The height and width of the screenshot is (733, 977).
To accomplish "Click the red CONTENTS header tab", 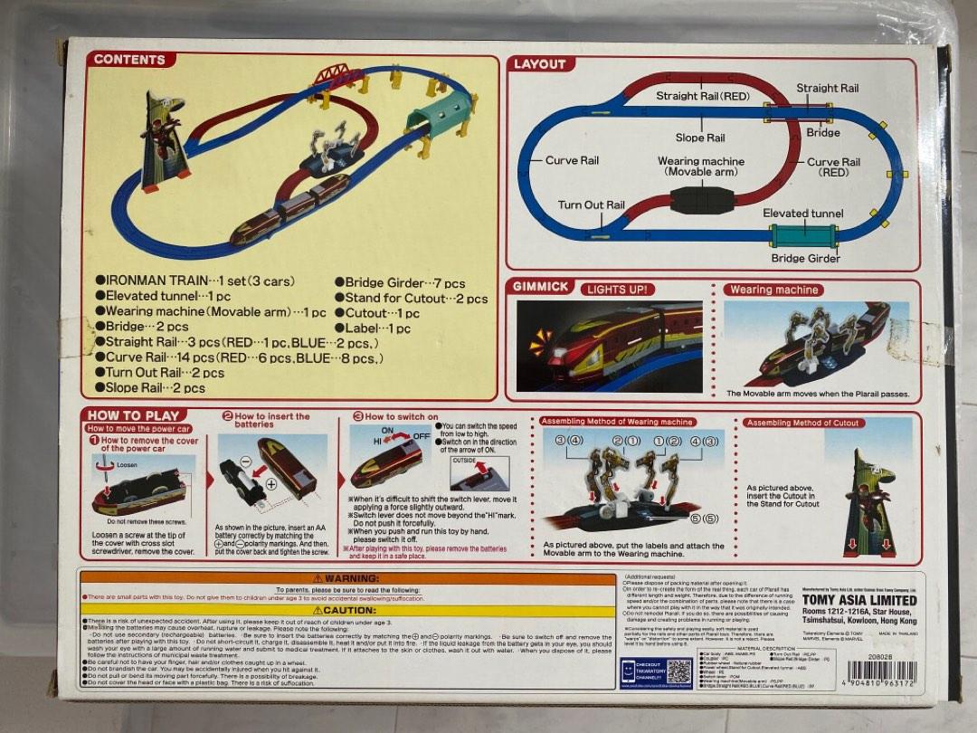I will coord(129,60).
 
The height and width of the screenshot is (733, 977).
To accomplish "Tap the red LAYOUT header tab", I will coord(539,64).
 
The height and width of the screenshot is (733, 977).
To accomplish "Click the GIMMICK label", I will coord(541,286).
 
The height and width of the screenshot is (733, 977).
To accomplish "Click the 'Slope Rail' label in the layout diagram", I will coord(700,138).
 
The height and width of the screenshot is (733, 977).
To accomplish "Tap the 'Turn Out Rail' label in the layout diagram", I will coord(591,205).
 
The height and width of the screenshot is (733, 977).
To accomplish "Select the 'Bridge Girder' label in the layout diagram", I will coord(805,259).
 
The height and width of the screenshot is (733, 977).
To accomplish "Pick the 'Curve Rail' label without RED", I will coord(572,161).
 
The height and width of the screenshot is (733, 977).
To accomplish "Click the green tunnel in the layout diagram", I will coord(804,235).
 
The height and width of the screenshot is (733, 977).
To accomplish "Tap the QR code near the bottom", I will coord(678,671).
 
